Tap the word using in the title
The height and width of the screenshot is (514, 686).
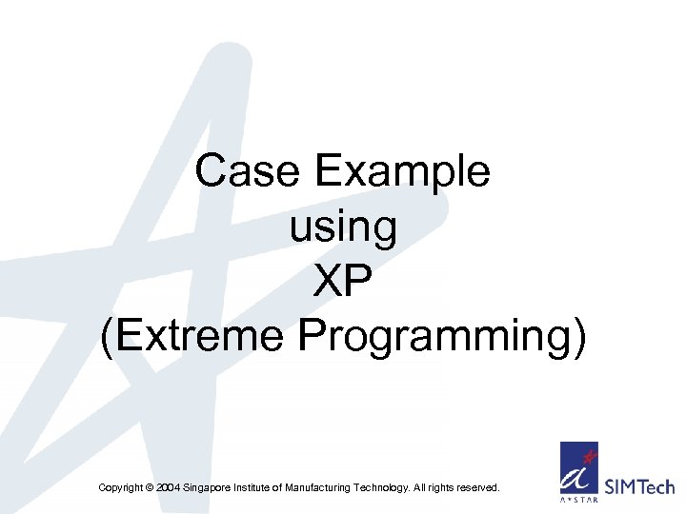342,227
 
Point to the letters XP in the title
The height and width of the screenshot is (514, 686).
343,282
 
